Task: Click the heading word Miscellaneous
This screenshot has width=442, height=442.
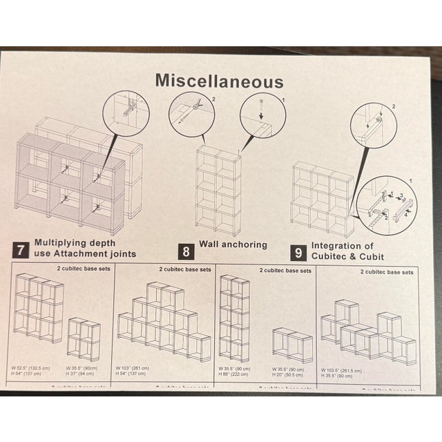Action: tap(219, 81)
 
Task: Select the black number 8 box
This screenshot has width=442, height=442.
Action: tap(185, 249)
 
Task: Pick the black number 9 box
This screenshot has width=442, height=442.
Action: tap(297, 251)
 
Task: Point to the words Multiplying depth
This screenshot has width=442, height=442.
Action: tap(75, 243)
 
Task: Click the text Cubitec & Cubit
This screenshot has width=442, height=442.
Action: tap(347, 256)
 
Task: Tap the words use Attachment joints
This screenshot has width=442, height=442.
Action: tap(86, 254)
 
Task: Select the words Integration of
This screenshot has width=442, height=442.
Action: tap(342, 245)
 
